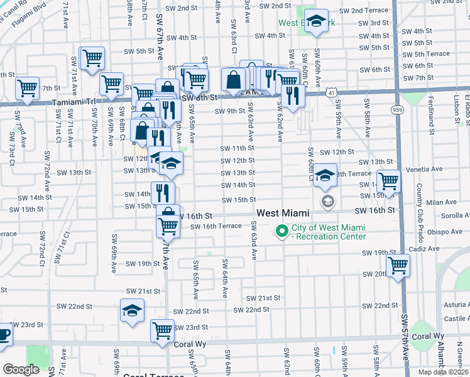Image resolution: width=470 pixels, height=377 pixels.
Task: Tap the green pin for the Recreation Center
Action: pyautogui.click(x=282, y=232)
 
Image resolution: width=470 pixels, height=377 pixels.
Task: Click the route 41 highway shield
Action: pyautogui.click(x=331, y=92)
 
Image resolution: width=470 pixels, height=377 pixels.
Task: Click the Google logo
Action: pyautogui.click(x=21, y=369)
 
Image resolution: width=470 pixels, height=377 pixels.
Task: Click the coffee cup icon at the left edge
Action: pyautogui.click(x=3, y=334)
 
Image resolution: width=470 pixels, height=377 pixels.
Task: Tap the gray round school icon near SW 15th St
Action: pyautogui.click(x=327, y=201)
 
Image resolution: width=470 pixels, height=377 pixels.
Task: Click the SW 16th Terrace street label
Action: pyautogui.click(x=216, y=226)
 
